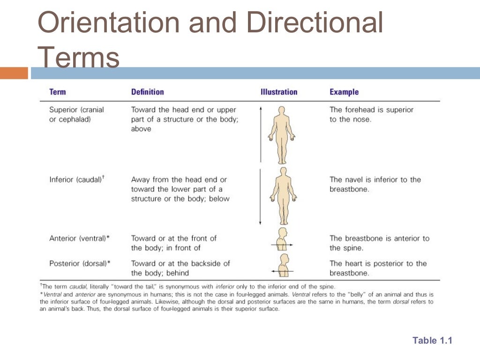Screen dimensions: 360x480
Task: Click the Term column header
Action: pyautogui.click(x=58, y=92)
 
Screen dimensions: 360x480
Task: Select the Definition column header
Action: pyautogui.click(x=147, y=92)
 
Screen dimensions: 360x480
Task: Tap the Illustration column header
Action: pyautogui.click(x=279, y=92)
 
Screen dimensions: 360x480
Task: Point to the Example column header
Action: pyautogui.click(x=344, y=92)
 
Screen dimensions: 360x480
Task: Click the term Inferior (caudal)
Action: pyautogui.click(x=75, y=180)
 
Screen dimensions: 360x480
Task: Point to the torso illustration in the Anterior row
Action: pyautogui.click(x=282, y=240)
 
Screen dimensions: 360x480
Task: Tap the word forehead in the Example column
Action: pyautogui.click(x=360, y=110)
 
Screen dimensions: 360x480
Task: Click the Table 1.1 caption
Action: pyautogui.click(x=432, y=341)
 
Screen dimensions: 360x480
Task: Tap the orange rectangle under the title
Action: pyautogui.click(x=14, y=73)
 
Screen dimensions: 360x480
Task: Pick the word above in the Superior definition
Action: pyautogui.click(x=141, y=129)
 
